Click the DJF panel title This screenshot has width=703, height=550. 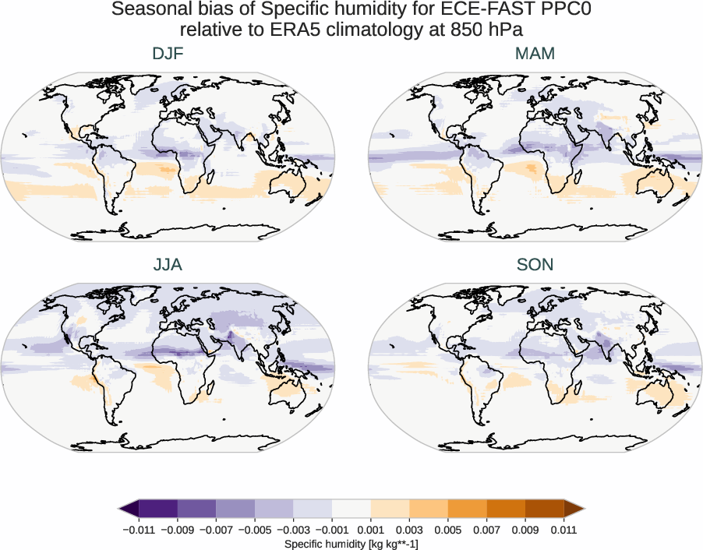168,55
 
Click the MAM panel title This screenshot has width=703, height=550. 535,55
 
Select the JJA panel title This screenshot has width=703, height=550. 168,265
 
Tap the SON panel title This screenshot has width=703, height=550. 535,265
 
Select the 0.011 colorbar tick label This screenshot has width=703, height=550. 563,530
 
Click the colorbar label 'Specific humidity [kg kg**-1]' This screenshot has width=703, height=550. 351,543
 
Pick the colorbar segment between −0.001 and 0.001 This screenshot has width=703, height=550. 351,509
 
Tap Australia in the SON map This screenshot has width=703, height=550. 659,396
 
